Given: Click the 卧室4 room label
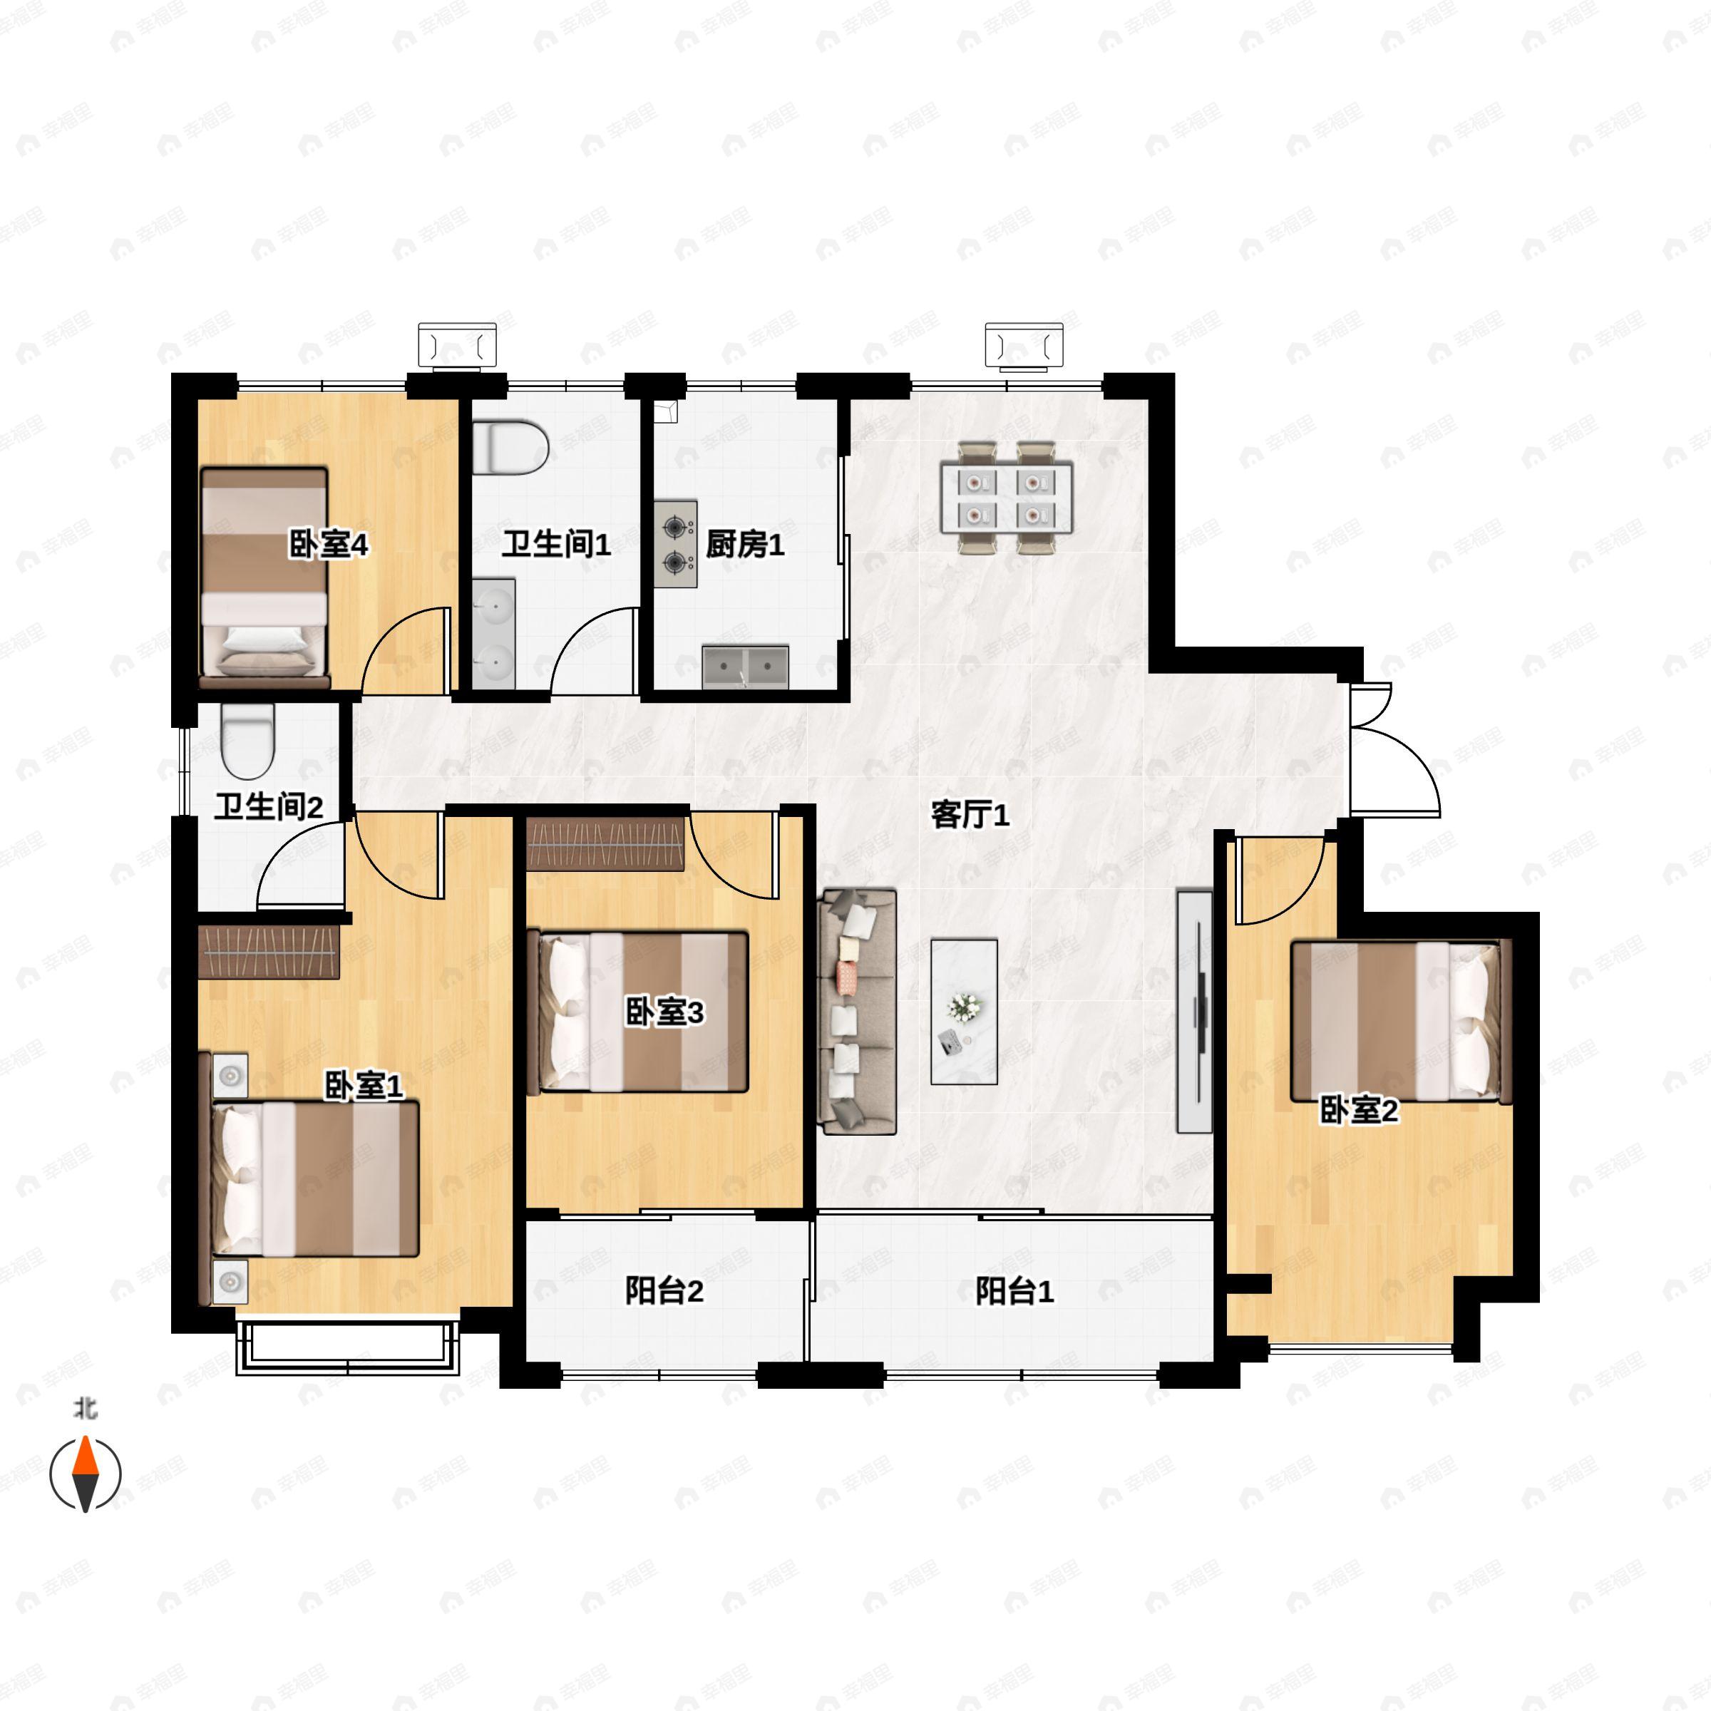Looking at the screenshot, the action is pyautogui.click(x=329, y=544).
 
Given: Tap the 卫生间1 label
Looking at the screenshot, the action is pyautogui.click(x=556, y=544).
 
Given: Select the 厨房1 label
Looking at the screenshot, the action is pyautogui.click(x=745, y=544).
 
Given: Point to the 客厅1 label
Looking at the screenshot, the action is pyautogui.click(x=970, y=814).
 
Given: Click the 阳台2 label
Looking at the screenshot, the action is pyautogui.click(x=664, y=1290).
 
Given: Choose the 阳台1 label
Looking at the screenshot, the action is pyautogui.click(x=1015, y=1290).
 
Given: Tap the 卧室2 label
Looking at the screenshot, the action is pyautogui.click(x=1359, y=1110).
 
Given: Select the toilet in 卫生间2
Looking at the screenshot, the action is pyautogui.click(x=248, y=743).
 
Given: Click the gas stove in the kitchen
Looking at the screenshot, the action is pyautogui.click(x=677, y=544).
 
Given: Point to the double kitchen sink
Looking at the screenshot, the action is pyautogui.click(x=746, y=667).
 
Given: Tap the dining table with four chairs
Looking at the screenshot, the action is pyautogui.click(x=1007, y=498).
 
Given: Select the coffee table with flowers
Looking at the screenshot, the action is pyautogui.click(x=965, y=1012).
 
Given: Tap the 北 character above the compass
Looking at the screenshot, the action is pyautogui.click(x=85, y=1408).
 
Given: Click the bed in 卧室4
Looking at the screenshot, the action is pyautogui.click(x=264, y=578).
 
